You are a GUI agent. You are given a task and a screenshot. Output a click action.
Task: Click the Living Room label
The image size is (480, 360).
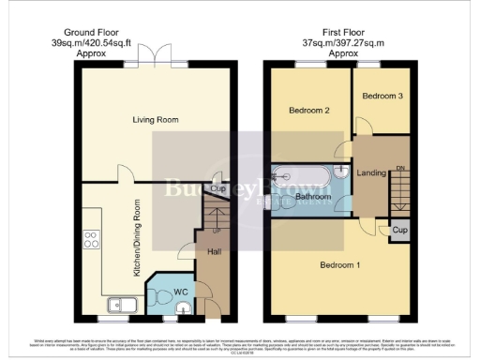pyautogui.click(x=153, y=120)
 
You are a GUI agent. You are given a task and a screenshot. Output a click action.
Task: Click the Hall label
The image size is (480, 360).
pyautogui.click(x=213, y=251)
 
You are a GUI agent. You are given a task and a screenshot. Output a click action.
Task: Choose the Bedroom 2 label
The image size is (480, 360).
pyautogui.click(x=309, y=110)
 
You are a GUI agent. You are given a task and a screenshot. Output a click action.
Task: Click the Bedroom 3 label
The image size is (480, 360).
pyautogui.click(x=382, y=96)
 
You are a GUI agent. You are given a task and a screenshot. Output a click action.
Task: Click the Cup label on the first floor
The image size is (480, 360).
pyautogui.click(x=400, y=230)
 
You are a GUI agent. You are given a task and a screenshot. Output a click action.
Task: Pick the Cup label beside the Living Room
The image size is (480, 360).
pyautogui.click(x=217, y=187)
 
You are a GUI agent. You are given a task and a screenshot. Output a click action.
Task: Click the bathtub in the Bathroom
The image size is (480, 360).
pyautogui.click(x=300, y=176)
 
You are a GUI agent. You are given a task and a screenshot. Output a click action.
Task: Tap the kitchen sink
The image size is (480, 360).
pyautogui.click(x=125, y=302)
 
